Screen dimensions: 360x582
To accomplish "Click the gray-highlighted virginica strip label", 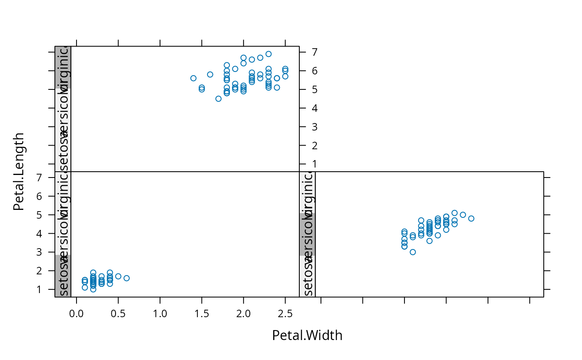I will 63,67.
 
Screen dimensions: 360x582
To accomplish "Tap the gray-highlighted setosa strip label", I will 63,276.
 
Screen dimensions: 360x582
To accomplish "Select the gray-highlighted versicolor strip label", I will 307,234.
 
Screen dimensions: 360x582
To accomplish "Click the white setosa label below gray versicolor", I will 307,276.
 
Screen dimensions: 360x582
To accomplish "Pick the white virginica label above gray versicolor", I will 307,192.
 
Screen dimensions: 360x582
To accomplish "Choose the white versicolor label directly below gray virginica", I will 63,109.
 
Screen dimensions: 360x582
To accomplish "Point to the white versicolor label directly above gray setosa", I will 63,234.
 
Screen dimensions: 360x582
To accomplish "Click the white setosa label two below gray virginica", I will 63,150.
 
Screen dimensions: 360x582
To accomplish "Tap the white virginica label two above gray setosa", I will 63,192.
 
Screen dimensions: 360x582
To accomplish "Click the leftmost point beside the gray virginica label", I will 193,78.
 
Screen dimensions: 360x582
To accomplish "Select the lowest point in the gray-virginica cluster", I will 219,99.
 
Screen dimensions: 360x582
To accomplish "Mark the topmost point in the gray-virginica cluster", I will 269,54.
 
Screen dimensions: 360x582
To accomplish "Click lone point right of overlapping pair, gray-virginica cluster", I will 210,74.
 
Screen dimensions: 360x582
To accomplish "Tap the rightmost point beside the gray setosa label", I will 126,278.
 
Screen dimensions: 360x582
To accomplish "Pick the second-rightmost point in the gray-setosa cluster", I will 118,276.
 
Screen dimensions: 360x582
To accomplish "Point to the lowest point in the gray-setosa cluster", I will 93,289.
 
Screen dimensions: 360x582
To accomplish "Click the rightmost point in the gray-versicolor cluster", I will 471,219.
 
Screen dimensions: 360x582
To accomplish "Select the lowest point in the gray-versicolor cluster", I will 413,252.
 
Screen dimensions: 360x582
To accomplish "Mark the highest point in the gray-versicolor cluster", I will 454,213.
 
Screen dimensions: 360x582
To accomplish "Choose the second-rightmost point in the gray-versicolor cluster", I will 463,215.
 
